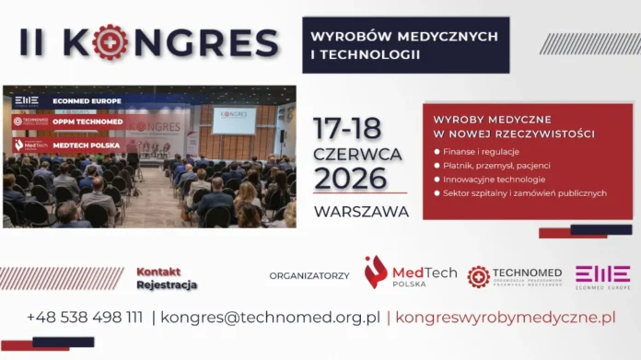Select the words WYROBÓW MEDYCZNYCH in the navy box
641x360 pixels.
(x=404, y=36)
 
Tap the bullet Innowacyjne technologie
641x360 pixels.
(x=494, y=179)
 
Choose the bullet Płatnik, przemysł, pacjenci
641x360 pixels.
(x=496, y=164)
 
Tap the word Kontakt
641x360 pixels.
(x=158, y=272)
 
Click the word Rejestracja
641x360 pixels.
(x=167, y=285)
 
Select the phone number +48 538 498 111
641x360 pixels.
(x=85, y=318)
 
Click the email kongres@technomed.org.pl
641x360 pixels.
(x=270, y=318)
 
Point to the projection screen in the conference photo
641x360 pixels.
(x=234, y=120)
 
